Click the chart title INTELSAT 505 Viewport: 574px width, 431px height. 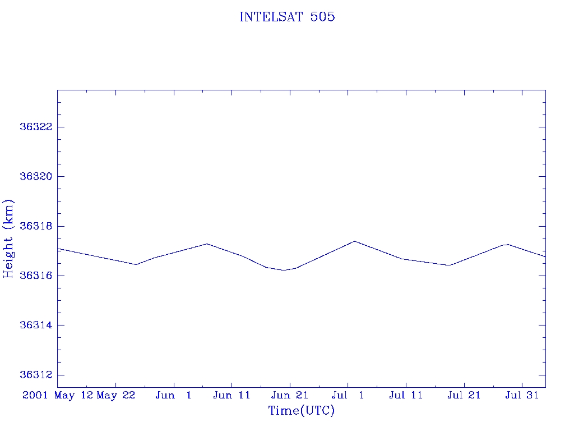point(287,17)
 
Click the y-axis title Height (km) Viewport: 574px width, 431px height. point(9,239)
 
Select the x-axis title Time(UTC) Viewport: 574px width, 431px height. point(302,411)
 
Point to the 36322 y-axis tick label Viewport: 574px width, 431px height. point(36,127)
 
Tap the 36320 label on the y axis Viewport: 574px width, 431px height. point(36,176)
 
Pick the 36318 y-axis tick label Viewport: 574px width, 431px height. point(36,226)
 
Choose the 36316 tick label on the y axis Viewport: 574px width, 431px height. point(36,276)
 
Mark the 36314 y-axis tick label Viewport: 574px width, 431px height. point(36,325)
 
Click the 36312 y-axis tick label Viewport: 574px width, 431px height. point(36,375)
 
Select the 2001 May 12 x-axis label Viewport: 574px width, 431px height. point(57,395)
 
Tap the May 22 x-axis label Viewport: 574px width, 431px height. point(116,395)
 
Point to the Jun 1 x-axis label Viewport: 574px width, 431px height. point(174,395)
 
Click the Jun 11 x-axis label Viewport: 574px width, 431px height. point(232,395)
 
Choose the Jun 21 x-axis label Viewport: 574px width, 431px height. point(290,395)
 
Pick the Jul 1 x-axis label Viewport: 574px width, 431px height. point(348,395)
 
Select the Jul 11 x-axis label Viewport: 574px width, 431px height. point(406,395)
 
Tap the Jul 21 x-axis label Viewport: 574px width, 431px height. point(464,395)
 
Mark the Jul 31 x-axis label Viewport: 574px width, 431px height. point(522,395)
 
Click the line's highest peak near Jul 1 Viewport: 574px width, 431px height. point(355,241)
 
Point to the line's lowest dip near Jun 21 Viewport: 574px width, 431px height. point(285,270)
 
